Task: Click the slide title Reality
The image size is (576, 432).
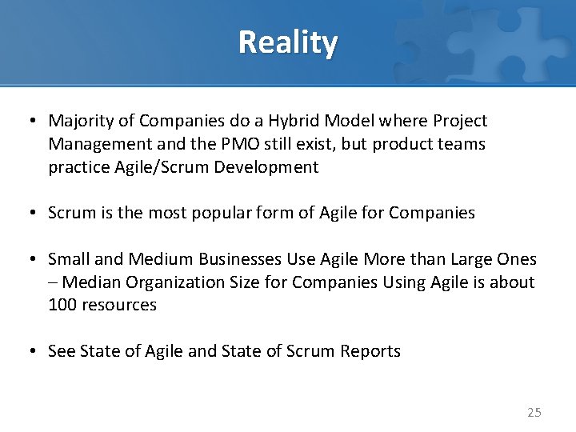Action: pos(288,42)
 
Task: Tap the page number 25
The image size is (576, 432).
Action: pos(534,413)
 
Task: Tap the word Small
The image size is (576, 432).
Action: pos(67,259)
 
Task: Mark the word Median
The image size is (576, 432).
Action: pos(88,282)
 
